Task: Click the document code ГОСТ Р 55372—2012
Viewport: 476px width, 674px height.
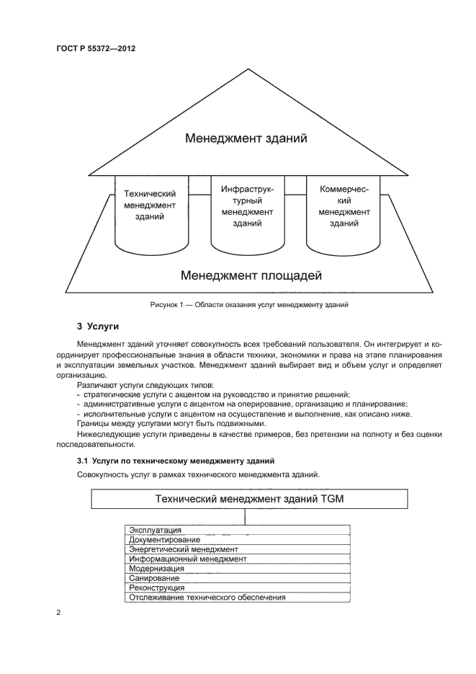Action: [x=96, y=49]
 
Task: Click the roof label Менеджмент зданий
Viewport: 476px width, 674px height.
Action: [x=246, y=138]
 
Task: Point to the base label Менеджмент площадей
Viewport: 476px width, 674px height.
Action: [x=251, y=275]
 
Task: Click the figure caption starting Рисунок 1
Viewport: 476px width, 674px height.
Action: [x=249, y=305]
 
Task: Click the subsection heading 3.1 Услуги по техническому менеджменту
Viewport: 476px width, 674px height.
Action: [x=175, y=460]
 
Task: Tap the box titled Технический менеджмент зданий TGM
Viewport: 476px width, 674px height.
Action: [x=249, y=499]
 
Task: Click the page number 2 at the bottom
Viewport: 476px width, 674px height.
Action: [x=58, y=613]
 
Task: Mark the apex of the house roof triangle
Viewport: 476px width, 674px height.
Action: [x=249, y=69]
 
